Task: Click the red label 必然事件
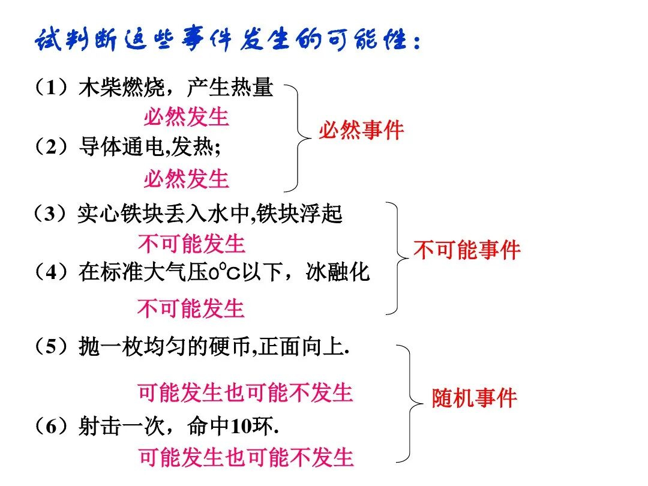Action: [x=361, y=130]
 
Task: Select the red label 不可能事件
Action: [x=467, y=250]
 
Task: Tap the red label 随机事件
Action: [x=474, y=398]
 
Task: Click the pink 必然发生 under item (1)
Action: [x=186, y=117]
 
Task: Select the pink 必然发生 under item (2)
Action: [x=186, y=179]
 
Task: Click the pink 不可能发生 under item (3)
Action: [x=191, y=244]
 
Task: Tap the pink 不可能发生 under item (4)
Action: [x=191, y=309]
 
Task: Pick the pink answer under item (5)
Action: [x=245, y=393]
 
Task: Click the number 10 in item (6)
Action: [x=241, y=427]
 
